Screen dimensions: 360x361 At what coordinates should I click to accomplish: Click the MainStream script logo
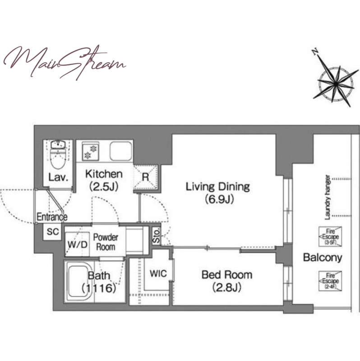click(65, 62)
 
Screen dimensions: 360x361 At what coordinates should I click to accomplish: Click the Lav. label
click(58, 177)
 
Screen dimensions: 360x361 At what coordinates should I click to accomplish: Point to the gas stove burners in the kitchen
click(91, 152)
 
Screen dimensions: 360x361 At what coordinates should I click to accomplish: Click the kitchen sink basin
click(121, 151)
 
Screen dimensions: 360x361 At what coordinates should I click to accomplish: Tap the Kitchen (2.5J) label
click(104, 180)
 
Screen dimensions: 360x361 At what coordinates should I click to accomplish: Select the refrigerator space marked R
click(146, 177)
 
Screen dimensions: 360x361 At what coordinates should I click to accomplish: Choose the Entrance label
click(52, 217)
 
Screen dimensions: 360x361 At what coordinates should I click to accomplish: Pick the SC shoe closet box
click(52, 231)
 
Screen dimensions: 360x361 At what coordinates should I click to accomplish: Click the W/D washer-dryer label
click(78, 245)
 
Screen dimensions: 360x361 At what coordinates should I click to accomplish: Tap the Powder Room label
click(106, 242)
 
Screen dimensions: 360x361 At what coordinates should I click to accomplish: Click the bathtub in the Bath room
click(79, 282)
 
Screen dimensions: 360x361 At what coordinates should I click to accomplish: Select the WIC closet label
click(158, 273)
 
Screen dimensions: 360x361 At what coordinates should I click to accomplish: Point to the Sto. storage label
click(156, 235)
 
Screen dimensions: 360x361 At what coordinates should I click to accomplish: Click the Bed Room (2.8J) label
click(227, 281)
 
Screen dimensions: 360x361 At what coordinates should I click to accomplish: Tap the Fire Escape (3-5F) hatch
click(330, 236)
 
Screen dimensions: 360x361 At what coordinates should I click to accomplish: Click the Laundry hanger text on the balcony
click(328, 198)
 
